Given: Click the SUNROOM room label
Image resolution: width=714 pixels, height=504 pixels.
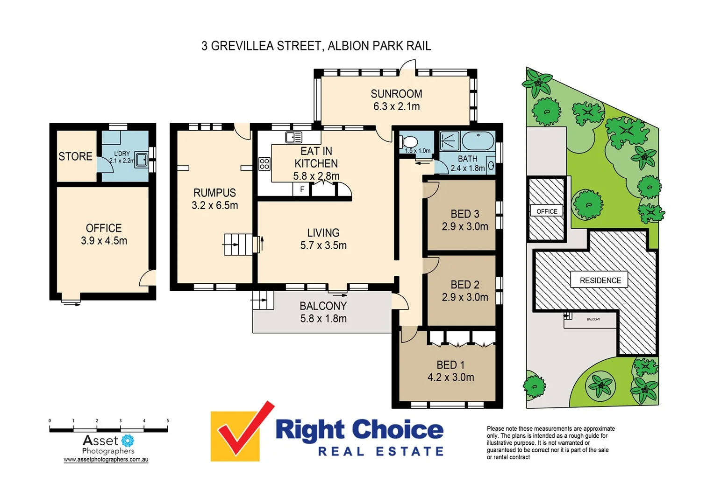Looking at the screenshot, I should [396, 94].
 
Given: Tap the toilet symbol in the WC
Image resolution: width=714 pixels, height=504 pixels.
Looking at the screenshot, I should [410, 141].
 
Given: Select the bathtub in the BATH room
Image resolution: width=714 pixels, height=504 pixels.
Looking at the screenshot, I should [478, 140].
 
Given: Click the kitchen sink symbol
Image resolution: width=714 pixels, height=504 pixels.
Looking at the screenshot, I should [294, 137].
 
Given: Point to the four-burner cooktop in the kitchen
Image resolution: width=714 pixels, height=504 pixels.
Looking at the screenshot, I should [264, 164].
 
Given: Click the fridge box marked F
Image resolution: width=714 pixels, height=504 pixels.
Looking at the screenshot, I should [302, 189].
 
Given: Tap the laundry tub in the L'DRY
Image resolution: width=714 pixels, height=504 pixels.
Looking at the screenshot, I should [142, 159].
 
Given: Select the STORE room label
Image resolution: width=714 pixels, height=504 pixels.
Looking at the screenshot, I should [75, 156].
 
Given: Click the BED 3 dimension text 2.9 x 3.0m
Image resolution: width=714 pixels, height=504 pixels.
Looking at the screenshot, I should [465, 227].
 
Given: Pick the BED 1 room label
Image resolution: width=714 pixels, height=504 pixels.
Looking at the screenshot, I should [450, 365].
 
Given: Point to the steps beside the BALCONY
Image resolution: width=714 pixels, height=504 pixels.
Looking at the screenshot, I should [263, 300].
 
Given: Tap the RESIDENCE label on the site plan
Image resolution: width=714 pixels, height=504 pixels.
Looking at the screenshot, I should [600, 280].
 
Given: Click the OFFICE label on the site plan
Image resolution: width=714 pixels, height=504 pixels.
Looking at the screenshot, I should [547, 211].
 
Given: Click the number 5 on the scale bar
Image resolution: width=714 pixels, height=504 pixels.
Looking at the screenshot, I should [168, 420].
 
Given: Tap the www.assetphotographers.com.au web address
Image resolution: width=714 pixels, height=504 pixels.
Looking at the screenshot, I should [106, 460].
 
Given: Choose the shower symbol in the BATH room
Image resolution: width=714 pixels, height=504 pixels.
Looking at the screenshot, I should [450, 141].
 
